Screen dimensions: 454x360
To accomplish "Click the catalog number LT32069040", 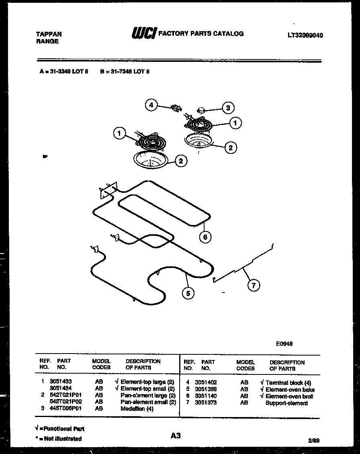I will pos(305,35).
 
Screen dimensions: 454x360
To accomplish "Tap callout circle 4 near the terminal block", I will pos(151,105).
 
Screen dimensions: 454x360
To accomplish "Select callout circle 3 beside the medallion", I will pos(228,108).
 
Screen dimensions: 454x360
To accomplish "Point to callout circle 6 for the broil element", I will pos(205,237).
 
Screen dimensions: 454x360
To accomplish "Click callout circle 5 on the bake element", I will pos(188,293).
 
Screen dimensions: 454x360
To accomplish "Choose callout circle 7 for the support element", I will pos(253,285).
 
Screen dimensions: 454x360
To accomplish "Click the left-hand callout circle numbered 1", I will pos(119,133).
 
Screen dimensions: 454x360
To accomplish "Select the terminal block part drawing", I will pos(176,108).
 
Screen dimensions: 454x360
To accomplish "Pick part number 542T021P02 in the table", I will pos(66,402).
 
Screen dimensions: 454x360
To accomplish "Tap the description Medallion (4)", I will pos(137,409).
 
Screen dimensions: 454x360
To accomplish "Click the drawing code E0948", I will pos(284,344).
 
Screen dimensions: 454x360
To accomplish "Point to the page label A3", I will pos(176,435).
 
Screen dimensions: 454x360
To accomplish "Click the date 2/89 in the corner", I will pos(313,440).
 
